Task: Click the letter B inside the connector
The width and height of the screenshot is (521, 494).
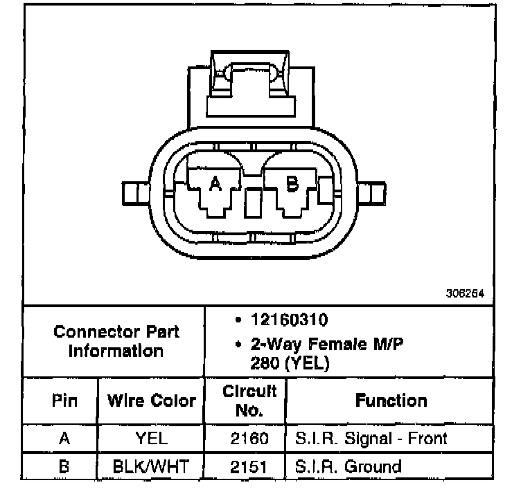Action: coord(292,183)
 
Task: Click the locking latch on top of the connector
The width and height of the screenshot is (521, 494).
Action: coord(254,76)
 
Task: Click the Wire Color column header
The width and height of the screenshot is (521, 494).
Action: coord(151,401)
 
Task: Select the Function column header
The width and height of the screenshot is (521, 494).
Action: coord(391,401)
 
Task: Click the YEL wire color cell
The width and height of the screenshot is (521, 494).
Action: coord(151,439)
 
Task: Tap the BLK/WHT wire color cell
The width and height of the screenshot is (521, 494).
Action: coord(151,466)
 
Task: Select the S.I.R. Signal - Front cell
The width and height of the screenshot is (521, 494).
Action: coord(371,439)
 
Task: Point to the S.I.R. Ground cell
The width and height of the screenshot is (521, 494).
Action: coord(348,466)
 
